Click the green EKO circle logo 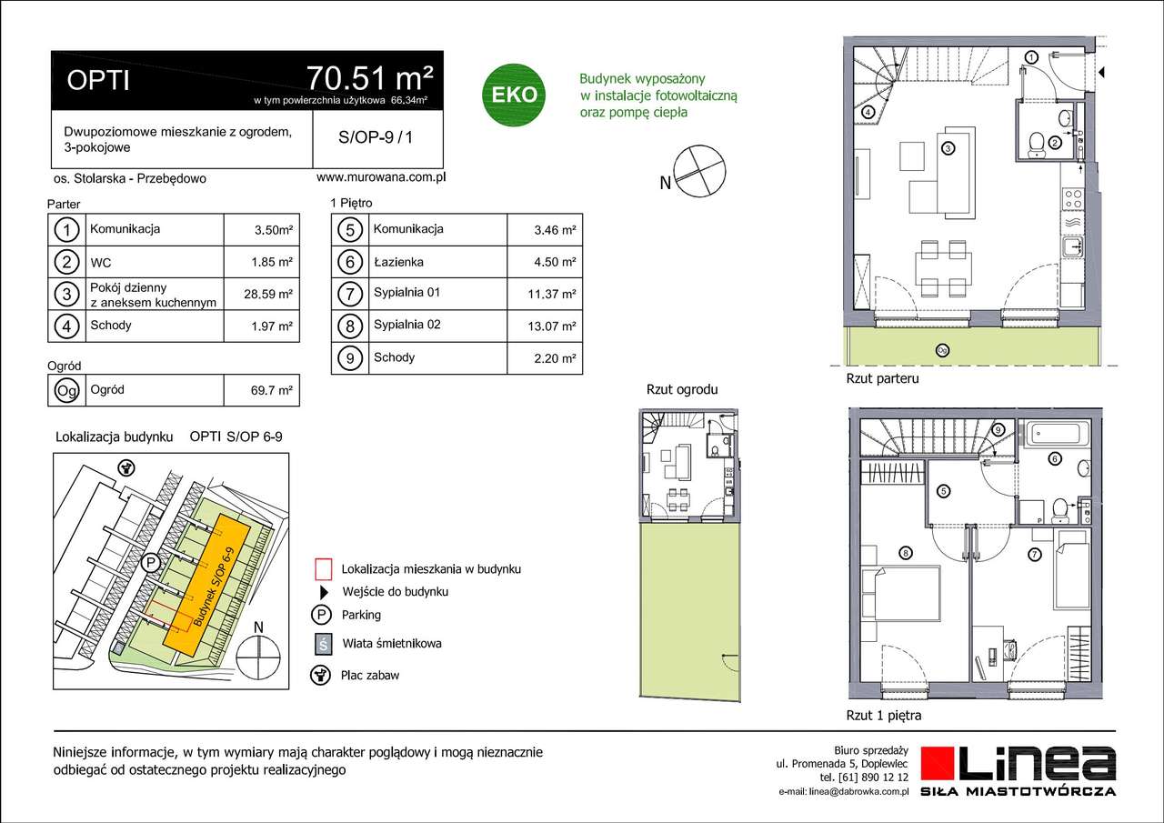[x=514, y=94]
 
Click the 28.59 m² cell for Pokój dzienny [x=272, y=294]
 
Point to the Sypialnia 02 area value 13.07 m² [x=555, y=326]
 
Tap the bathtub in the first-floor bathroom [x=1055, y=432]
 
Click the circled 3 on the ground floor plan [x=948, y=148]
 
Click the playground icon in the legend [x=320, y=675]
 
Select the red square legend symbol [x=320, y=569]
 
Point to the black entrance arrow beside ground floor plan [x=1101, y=72]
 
